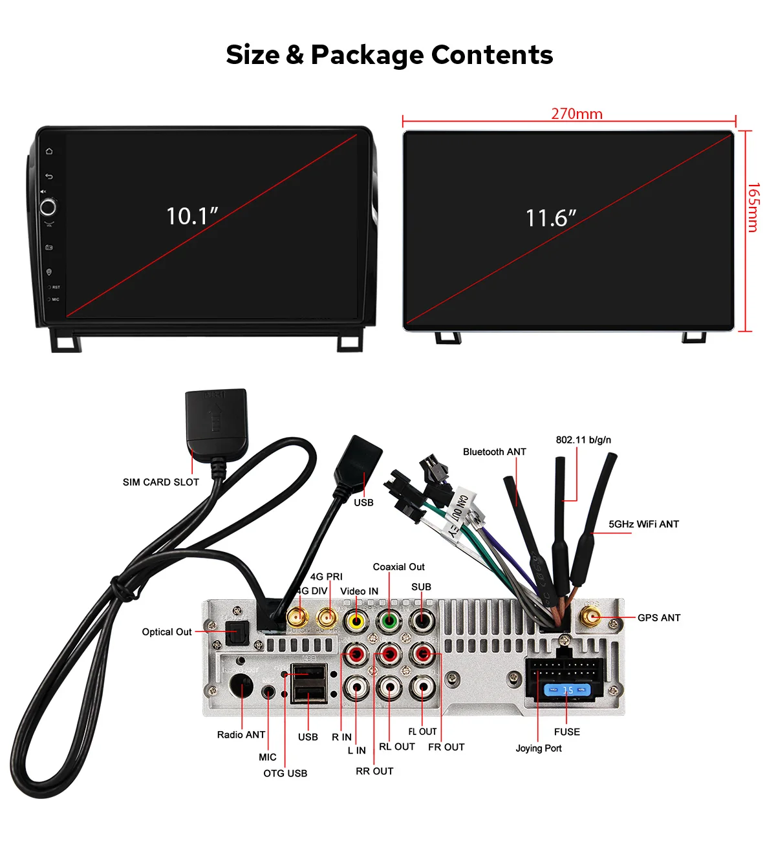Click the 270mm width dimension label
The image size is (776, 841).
point(576,114)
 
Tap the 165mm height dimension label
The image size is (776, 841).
point(753,208)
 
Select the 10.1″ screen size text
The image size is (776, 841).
point(192,216)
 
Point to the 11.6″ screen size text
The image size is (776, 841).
point(550,218)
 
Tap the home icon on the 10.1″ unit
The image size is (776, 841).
point(49,151)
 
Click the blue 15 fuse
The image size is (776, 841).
point(567,690)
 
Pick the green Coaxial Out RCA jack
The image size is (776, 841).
point(389,621)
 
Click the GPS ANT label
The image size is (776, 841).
point(659,618)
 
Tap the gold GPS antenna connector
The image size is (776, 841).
point(591,617)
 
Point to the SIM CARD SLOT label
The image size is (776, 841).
point(160,482)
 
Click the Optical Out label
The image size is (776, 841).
point(167,632)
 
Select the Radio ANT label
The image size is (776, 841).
point(241,734)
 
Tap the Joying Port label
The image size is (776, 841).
point(539,748)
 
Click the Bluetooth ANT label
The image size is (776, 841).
point(495,452)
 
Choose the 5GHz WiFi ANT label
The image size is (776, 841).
point(643,524)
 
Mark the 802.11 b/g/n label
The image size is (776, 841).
point(583,440)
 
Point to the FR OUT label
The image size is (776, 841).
point(446,747)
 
